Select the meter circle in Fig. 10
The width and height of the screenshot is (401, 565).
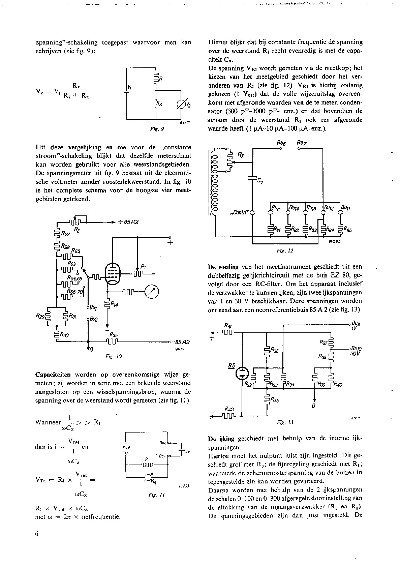[x=151, y=292]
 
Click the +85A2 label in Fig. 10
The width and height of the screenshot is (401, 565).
[x=129, y=222]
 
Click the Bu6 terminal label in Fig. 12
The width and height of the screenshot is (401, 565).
[x=281, y=143]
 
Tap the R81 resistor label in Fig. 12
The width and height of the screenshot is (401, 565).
[x=277, y=231]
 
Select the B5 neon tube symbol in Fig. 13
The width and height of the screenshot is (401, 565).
[x=242, y=373]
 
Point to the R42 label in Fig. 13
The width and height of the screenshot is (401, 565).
[x=229, y=409]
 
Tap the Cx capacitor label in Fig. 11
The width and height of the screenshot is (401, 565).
[x=187, y=451]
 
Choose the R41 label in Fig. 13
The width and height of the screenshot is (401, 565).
[x=228, y=326]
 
